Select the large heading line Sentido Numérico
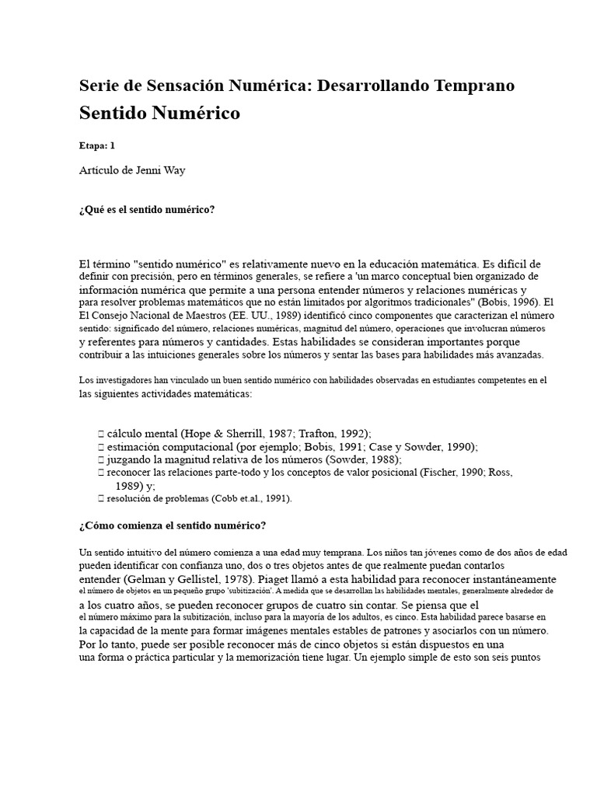(159, 113)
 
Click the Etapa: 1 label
(97, 145)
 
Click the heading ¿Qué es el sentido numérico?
(147, 210)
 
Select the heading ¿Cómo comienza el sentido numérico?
(173, 525)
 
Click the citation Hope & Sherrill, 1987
(242, 433)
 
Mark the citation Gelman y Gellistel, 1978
(190, 579)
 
